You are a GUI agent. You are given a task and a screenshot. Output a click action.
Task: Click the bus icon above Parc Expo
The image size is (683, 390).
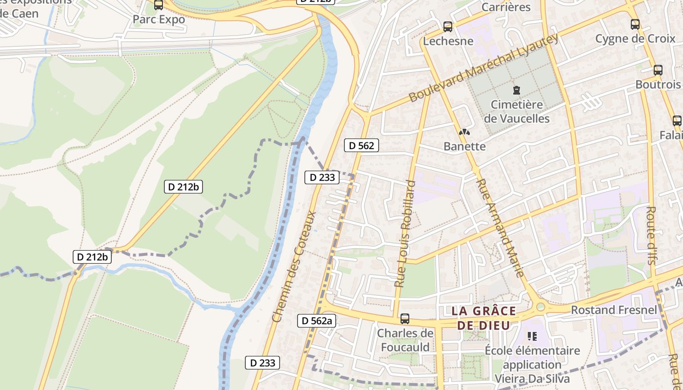point(159,5)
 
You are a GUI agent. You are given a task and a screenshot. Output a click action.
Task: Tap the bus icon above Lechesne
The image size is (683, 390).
point(447,27)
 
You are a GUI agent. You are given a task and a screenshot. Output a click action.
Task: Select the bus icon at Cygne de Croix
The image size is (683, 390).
point(635,24)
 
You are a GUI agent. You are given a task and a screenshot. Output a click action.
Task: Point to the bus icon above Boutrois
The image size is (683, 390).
point(658,70)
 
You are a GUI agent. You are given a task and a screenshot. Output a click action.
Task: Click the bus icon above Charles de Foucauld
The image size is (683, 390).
point(404,319)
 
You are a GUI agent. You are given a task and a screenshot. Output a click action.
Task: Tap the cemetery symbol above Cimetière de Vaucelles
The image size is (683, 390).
point(516,90)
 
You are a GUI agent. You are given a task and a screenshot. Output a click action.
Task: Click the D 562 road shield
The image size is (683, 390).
point(362,145)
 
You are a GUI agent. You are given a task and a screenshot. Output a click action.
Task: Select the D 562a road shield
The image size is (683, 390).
point(317,320)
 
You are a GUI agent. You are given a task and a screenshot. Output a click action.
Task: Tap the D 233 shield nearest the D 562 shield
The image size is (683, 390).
point(322,177)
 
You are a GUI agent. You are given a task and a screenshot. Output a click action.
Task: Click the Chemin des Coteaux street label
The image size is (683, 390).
point(294,267)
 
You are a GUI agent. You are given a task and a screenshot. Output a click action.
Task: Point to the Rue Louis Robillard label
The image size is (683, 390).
point(405,234)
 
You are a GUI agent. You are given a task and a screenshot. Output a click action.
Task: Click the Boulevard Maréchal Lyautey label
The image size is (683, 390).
point(483,68)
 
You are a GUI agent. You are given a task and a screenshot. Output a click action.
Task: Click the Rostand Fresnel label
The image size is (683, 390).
point(614,310)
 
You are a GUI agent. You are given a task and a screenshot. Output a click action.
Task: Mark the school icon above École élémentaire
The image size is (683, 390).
point(532,336)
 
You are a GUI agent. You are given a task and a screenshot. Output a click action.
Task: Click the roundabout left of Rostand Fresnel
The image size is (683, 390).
point(540,307)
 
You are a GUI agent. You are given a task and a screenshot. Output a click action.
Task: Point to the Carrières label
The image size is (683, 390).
point(506,7)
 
